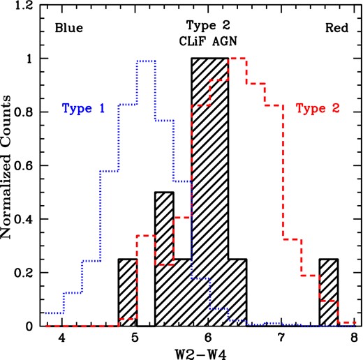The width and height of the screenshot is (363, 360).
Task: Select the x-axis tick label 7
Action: click(282, 339)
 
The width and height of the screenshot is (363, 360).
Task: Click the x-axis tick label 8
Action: click(355, 339)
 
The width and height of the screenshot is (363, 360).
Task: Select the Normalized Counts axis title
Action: click(8, 166)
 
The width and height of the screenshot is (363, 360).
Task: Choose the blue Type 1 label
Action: click(83, 108)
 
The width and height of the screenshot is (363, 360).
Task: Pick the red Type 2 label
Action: click(318, 108)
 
